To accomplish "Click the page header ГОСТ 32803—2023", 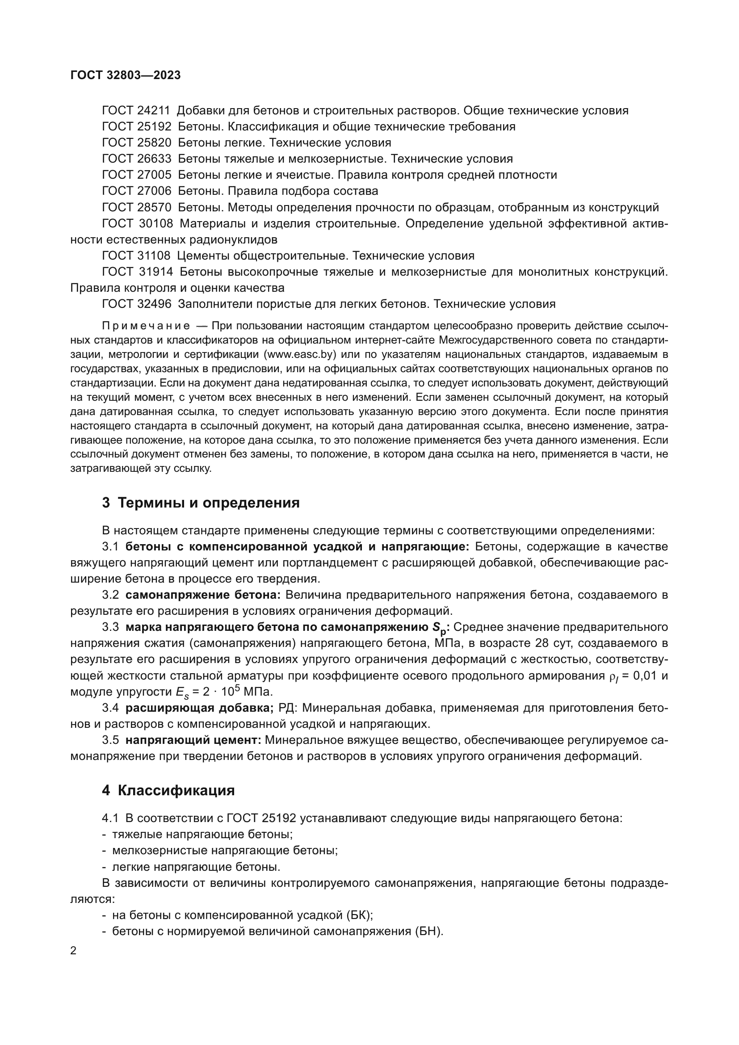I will (126, 75).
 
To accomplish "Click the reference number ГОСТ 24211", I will (136, 111).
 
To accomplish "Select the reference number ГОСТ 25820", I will (137, 143).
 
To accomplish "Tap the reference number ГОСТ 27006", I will (137, 191).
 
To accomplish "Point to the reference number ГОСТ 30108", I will (138, 223).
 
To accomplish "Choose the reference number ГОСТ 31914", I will (138, 272).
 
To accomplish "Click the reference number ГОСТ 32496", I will (137, 304).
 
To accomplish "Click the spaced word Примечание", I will (146, 326).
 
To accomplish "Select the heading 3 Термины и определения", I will (201, 503).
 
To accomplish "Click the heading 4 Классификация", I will (168, 791).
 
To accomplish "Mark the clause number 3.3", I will (110, 627).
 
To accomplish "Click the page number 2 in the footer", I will (73, 951).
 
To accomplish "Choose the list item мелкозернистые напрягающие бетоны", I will (225, 851).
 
